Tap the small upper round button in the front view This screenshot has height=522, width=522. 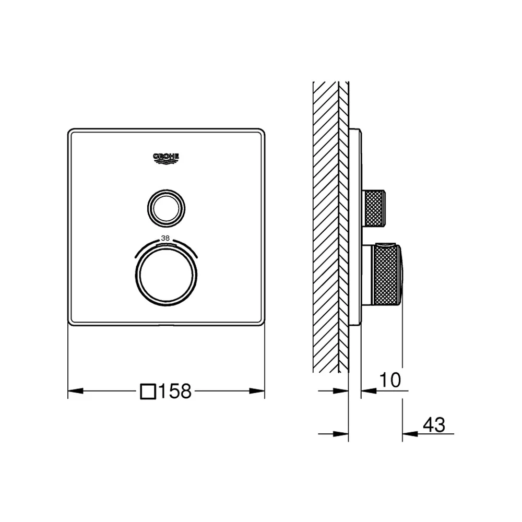tap(166, 209)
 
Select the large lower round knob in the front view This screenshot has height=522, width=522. tap(166, 275)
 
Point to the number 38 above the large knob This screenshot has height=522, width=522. tap(165, 239)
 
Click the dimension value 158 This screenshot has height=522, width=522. tap(175, 391)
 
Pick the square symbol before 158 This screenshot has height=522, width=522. tap(148, 391)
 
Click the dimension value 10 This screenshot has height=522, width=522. tap(390, 380)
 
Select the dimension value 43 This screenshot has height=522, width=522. tap(434, 425)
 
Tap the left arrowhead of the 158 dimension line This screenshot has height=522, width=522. tap(76, 391)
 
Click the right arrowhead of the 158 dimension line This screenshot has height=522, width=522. tap(257, 391)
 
